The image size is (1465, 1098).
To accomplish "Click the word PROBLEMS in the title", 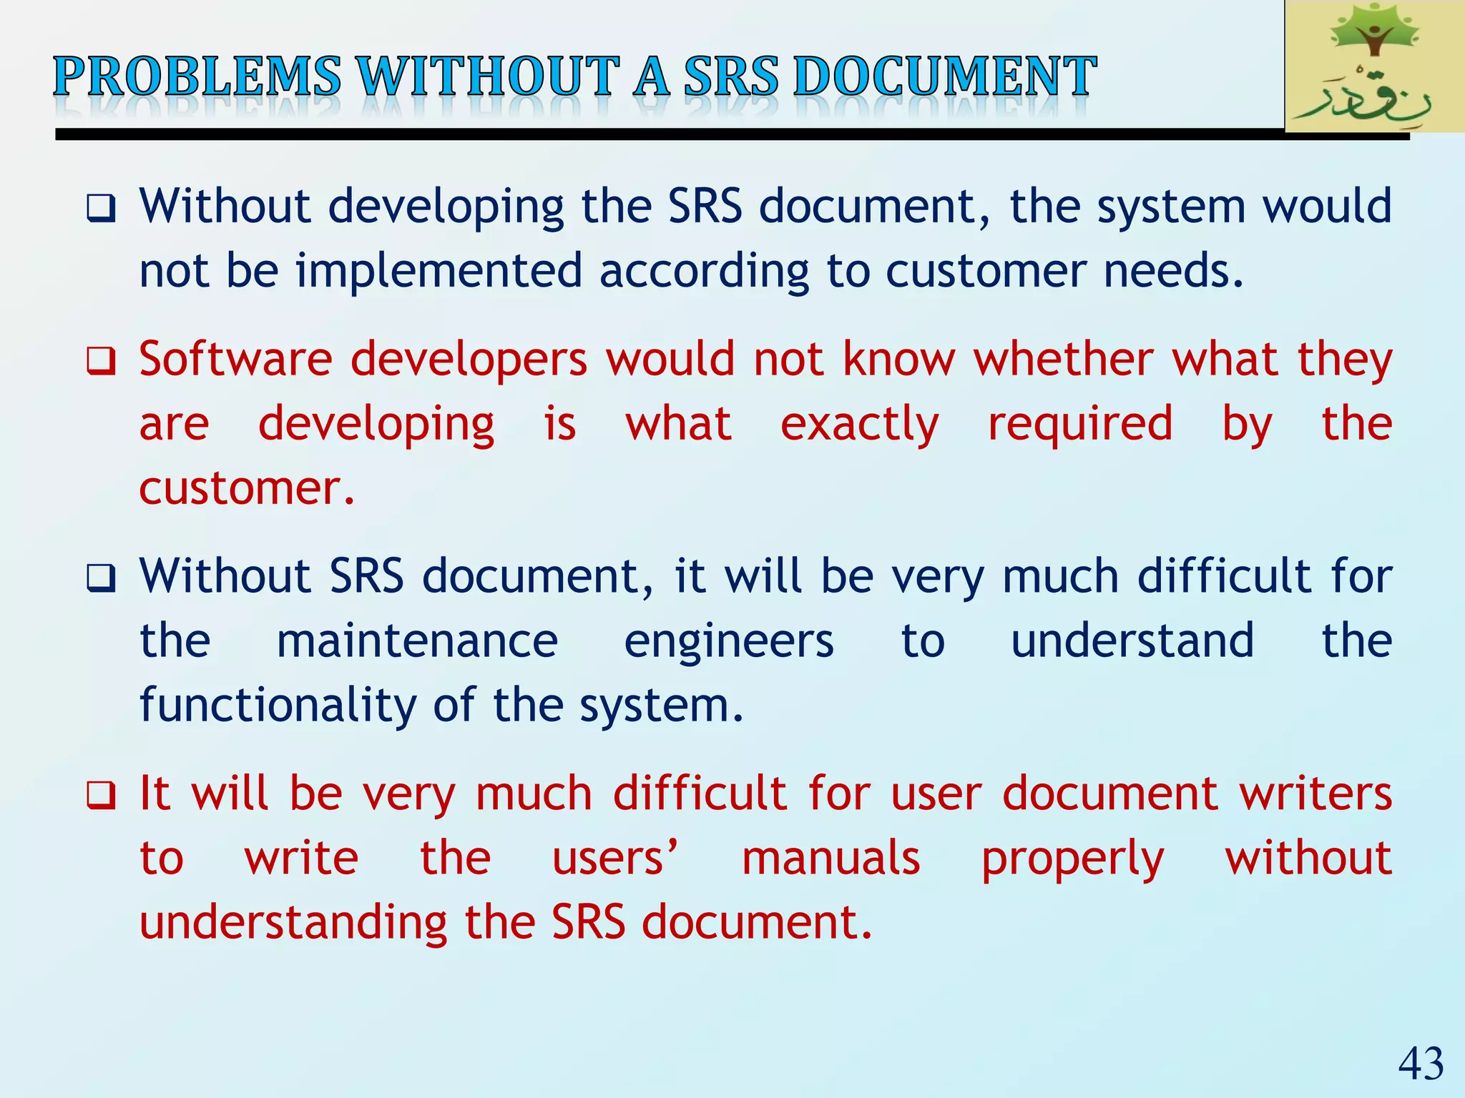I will click(x=197, y=76).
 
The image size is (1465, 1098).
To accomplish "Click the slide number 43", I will click(x=1421, y=1064).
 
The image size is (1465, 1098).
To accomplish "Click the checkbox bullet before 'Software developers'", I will click(x=101, y=360).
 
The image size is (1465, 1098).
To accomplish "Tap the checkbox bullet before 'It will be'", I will click(x=101, y=795).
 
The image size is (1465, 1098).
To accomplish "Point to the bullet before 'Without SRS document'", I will click(x=101, y=578).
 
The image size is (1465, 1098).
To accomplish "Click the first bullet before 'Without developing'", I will click(x=101, y=208).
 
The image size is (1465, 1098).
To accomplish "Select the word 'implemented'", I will click(x=439, y=271).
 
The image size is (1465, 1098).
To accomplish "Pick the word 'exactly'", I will click(x=859, y=425).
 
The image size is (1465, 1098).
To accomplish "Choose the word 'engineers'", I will click(x=728, y=642).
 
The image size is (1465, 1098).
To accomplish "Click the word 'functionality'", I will click(x=278, y=706).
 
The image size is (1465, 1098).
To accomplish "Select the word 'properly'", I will click(x=1072, y=859).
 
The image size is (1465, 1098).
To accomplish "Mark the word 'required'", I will click(x=1080, y=425).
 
